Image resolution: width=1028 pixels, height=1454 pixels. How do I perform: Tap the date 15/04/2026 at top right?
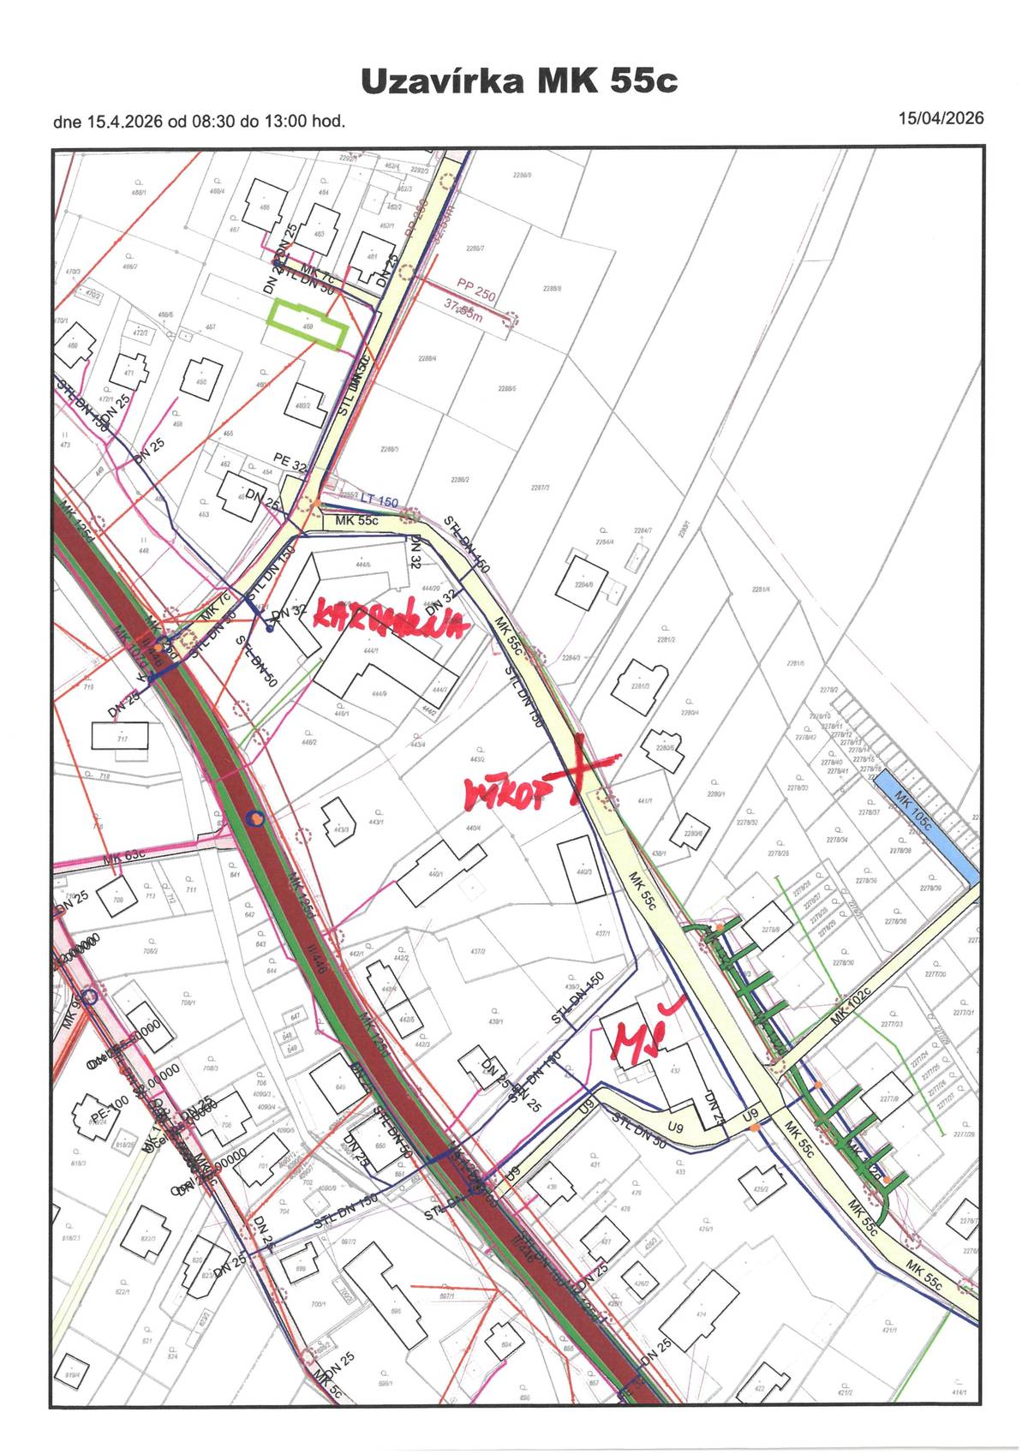[941, 118]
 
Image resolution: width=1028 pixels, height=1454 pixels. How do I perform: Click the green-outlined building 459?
[307, 326]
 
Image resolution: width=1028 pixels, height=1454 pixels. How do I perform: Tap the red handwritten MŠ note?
[637, 1037]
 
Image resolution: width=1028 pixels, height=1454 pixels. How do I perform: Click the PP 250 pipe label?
[476, 290]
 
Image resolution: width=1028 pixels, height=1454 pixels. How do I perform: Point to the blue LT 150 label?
[379, 500]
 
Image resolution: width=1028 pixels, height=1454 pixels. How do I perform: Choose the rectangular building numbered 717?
[121, 736]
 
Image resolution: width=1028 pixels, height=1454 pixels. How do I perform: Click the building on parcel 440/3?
[585, 869]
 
